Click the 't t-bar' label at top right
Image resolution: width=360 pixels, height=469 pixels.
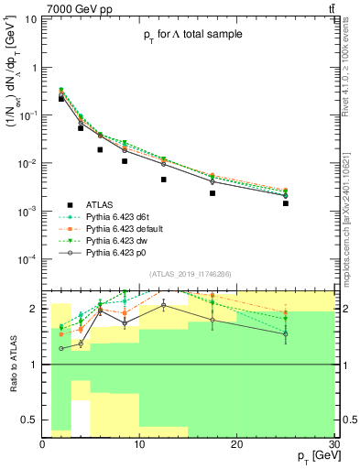tap(329, 8)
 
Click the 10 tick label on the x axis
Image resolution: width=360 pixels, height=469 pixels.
tap(139, 444)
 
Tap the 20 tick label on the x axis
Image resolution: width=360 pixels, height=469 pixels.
tap(237, 444)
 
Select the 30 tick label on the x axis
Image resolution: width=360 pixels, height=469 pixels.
tap(333, 444)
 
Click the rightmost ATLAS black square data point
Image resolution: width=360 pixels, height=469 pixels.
tap(286, 203)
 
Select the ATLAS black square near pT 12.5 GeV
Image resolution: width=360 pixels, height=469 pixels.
tap(164, 180)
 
